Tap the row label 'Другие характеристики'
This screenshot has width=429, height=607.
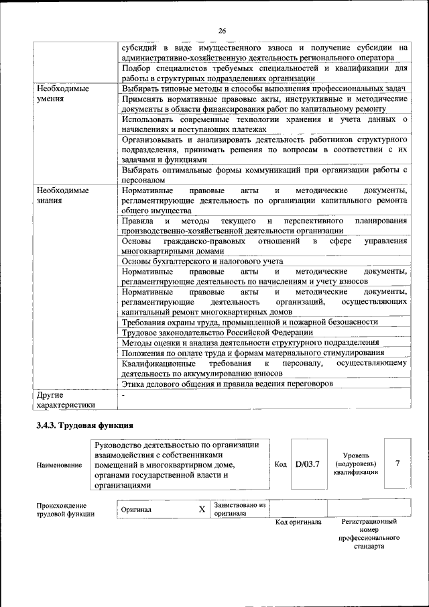point(66,399)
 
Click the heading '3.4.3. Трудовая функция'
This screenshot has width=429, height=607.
point(85,425)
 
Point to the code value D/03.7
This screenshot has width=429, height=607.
point(308,464)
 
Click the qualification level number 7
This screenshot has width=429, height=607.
point(398,463)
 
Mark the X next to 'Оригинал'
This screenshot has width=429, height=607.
point(202,509)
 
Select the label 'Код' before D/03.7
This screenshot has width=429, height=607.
point(281,464)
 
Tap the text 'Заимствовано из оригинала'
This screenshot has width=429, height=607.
point(240,509)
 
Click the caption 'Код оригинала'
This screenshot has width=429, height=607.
point(298,522)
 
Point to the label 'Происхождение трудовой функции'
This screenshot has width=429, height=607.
point(65,510)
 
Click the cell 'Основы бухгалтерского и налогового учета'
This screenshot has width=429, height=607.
point(202,261)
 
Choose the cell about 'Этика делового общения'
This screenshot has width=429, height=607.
point(227,384)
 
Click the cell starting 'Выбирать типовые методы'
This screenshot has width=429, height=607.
point(264,89)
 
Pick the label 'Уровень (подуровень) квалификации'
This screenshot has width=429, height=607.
point(355,463)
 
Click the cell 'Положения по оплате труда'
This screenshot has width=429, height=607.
point(253,353)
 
